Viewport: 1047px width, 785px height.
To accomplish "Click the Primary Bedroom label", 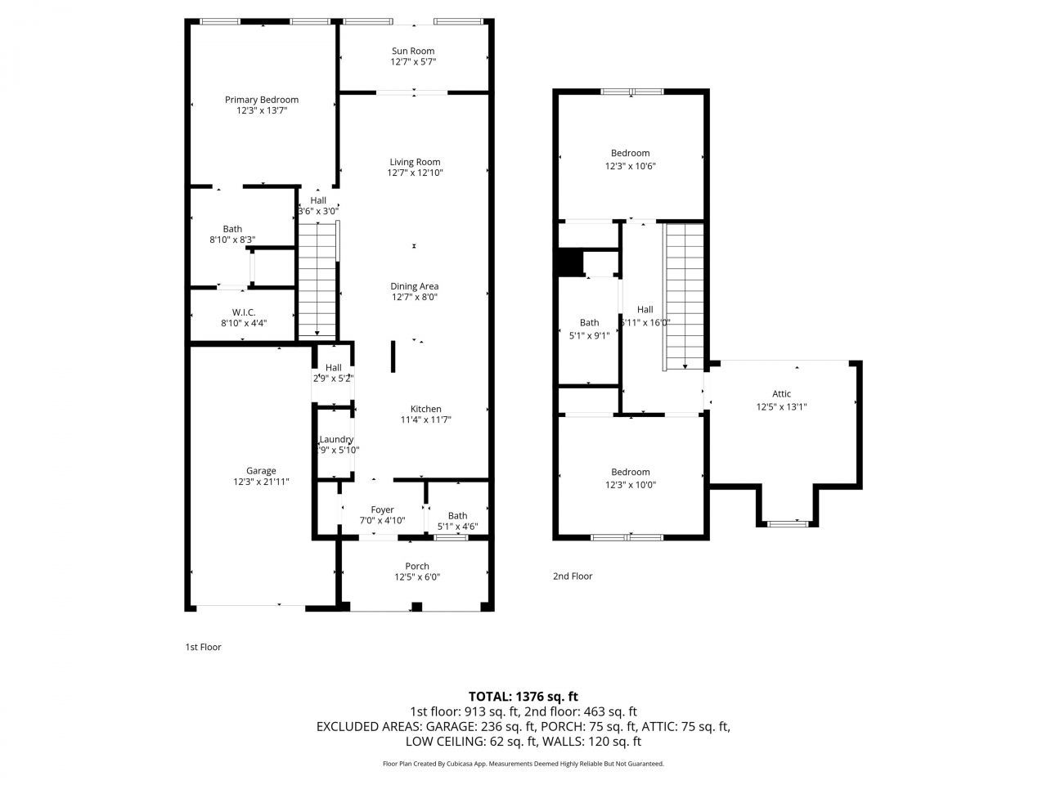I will [262, 100].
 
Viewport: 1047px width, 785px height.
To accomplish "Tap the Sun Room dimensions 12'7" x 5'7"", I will [412, 62].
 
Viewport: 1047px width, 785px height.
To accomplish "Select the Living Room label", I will [415, 162].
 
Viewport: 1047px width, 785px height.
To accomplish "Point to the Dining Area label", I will [414, 286].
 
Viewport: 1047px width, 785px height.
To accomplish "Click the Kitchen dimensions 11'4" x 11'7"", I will [425, 420].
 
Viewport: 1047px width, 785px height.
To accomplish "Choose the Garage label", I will [261, 470].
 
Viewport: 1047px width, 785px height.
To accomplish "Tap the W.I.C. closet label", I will [243, 312].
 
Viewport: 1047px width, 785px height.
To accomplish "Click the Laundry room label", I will [336, 439].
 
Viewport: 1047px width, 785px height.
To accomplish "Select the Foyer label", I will [382, 509].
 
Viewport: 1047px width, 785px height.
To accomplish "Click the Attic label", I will [781, 394].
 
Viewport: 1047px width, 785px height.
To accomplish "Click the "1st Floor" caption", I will [203, 647].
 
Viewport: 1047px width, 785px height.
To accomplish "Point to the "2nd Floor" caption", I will [573, 576].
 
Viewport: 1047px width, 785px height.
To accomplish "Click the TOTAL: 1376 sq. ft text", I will [523, 697].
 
